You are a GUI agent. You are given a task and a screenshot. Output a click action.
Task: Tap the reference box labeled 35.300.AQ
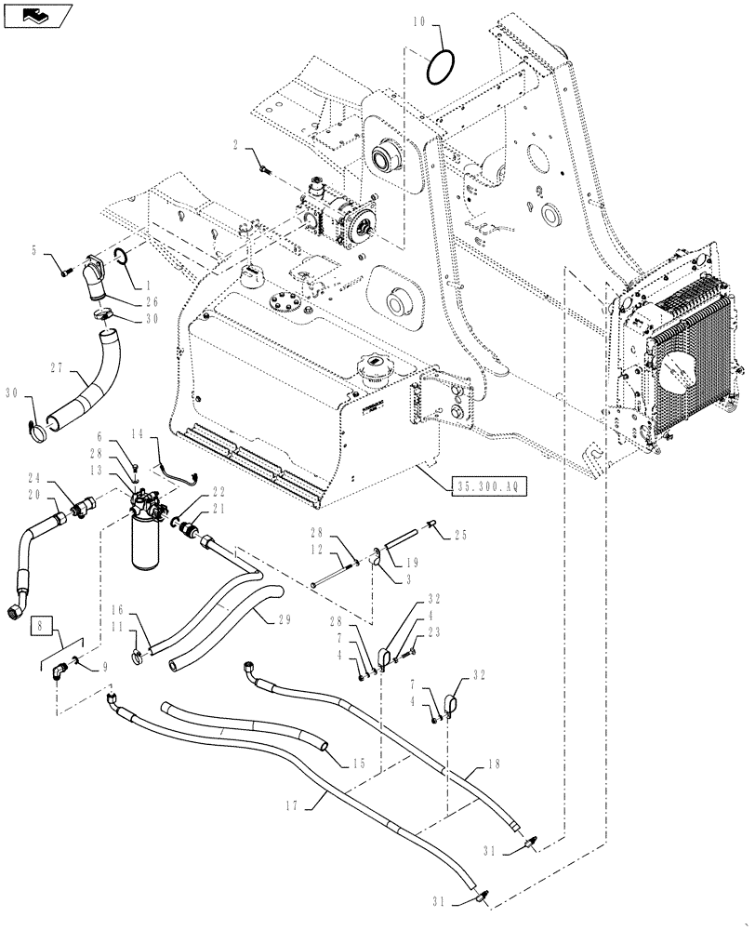click(x=487, y=485)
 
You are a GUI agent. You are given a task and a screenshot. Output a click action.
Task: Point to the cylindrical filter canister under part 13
click(x=148, y=544)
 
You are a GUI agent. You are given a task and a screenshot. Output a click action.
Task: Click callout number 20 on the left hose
click(x=33, y=494)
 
